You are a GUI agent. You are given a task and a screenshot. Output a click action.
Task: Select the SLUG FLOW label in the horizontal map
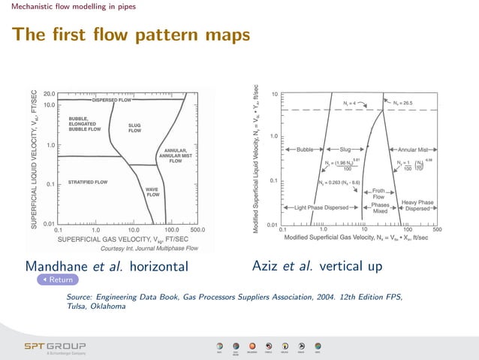click(134, 128)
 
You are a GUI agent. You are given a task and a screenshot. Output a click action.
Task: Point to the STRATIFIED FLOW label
click(88, 183)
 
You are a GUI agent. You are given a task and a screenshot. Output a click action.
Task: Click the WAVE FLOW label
click(153, 192)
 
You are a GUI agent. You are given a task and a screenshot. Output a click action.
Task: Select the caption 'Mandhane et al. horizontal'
click(106, 267)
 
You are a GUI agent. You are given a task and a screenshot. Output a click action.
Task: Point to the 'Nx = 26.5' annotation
click(402, 102)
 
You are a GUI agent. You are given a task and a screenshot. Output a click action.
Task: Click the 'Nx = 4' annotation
click(350, 102)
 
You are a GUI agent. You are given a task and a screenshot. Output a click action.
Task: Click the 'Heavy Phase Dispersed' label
click(418, 205)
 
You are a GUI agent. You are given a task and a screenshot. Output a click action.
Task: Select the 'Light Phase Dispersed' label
click(321, 207)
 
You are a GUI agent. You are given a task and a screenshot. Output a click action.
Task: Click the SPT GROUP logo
click(55, 346)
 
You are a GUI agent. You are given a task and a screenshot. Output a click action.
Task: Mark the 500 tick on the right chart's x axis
click(437, 229)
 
